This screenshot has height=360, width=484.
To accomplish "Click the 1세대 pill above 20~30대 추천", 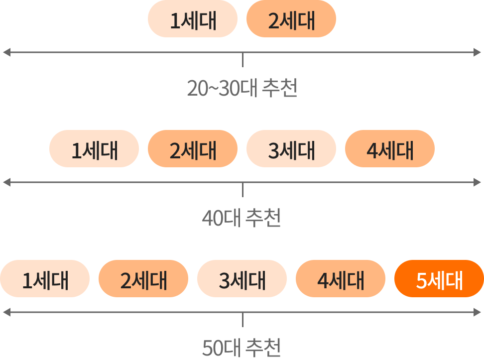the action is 193,19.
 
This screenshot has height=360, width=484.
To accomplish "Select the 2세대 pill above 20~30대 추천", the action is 291,19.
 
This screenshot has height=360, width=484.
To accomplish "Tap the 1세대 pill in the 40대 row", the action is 94,148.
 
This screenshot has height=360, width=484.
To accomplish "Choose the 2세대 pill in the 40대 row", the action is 193,148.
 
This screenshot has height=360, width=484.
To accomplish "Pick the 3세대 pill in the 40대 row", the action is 291,148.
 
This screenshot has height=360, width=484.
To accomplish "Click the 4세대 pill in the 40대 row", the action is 390,148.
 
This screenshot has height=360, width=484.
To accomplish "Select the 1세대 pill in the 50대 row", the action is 45,278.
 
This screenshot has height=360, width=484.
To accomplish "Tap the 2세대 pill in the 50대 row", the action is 143,278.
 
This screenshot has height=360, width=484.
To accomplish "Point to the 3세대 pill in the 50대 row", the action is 242,278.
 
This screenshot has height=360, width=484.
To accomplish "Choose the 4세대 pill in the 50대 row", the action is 341,278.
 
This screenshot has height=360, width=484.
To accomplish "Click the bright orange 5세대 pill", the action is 439,278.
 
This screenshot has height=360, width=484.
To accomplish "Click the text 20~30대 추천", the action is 242,88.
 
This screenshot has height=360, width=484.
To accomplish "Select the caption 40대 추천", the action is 242,218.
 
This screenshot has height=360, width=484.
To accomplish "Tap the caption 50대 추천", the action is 242,348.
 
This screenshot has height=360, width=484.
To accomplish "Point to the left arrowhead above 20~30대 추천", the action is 7,52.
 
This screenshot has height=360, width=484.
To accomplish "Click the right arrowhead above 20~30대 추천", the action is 477,52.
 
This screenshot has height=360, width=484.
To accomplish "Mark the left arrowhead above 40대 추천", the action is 7,182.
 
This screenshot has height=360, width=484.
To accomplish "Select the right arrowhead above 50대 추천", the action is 477,312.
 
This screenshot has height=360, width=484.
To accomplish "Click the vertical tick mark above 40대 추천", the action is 242,190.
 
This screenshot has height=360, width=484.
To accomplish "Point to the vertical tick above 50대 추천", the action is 242,320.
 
